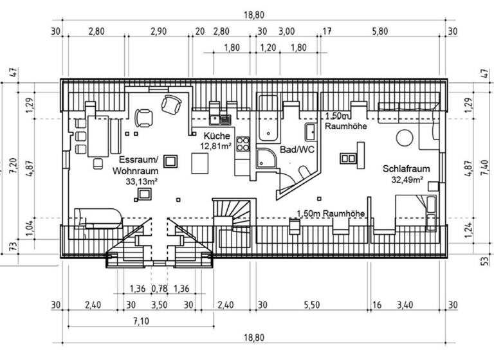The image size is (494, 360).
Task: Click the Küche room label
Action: tap(217, 136)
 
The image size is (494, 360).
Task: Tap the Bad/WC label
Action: tap(297, 149)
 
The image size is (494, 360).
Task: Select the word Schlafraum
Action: tap(406, 168)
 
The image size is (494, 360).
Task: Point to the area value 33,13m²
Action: tap(143, 182)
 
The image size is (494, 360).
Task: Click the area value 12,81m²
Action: tap(215, 147)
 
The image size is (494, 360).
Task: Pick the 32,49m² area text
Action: tap(407, 179)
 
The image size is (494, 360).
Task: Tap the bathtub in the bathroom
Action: tap(268, 118)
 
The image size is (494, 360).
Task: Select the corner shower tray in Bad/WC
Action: tap(265, 157)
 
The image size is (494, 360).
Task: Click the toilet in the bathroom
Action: tap(302, 172)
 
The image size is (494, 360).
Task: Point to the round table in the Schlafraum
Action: tap(405, 138)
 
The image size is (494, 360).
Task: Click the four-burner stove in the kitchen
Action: tap(242, 145)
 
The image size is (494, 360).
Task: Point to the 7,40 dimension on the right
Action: tap(484, 170)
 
